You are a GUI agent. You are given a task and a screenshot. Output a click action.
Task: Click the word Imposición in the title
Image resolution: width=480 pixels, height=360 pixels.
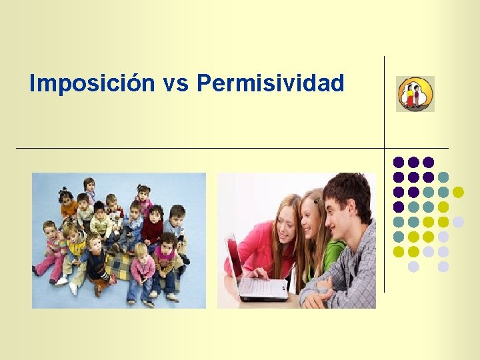pos(92,84)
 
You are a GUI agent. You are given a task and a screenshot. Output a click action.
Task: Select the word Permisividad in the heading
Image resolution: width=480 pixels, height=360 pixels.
pos(271,84)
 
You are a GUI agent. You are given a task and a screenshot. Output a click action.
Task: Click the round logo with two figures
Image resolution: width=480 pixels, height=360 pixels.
pos(415,94)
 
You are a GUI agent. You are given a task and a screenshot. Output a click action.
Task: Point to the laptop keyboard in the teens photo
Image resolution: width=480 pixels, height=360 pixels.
pos(263,287)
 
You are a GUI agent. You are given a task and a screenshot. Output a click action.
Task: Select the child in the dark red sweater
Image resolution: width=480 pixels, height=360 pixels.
pos(154,227)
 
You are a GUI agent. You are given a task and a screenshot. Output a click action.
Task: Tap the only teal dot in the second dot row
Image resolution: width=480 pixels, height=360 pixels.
pos(443,177)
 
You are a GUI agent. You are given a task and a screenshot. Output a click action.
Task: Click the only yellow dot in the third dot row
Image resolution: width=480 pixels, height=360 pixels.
pos(458,192)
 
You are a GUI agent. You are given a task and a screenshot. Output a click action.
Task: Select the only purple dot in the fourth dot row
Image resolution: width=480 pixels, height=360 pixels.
pos(399,207)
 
